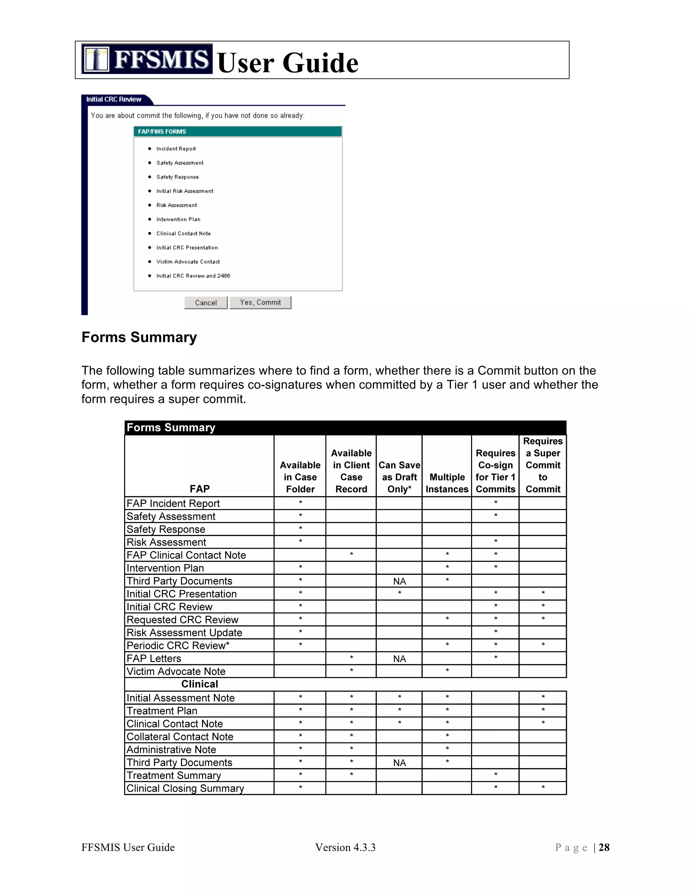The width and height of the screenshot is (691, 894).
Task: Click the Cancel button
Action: pyautogui.click(x=205, y=303)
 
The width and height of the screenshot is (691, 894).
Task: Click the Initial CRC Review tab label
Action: pyautogui.click(x=114, y=100)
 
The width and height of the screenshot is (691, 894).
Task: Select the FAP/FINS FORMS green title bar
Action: pyautogui.click(x=238, y=131)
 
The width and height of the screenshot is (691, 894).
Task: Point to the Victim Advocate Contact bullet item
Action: pyautogui.click(x=188, y=261)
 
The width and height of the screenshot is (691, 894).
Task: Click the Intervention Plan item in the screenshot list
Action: pyautogui.click(x=178, y=219)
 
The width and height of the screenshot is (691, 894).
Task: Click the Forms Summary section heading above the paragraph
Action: pyautogui.click(x=139, y=337)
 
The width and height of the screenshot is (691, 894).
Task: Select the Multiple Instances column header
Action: pyautogui.click(x=447, y=483)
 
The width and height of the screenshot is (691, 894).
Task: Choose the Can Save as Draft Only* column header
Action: pyautogui.click(x=399, y=477)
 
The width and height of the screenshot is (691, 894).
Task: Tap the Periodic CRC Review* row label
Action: pyautogui.click(x=178, y=645)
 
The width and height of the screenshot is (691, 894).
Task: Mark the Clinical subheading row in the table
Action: pyautogui.click(x=199, y=684)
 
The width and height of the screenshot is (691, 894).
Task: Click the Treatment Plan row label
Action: pyautogui.click(x=162, y=711)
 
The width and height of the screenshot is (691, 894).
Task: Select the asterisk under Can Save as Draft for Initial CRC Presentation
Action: pyautogui.click(x=399, y=593)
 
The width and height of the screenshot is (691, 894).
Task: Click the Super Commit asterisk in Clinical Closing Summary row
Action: pyautogui.click(x=543, y=788)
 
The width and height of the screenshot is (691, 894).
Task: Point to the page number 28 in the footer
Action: pyautogui.click(x=604, y=847)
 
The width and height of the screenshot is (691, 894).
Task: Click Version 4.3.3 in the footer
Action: pyautogui.click(x=345, y=847)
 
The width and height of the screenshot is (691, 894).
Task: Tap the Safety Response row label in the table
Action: pyautogui.click(x=166, y=529)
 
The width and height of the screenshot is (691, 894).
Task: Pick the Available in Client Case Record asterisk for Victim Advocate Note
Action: pyautogui.click(x=351, y=671)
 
